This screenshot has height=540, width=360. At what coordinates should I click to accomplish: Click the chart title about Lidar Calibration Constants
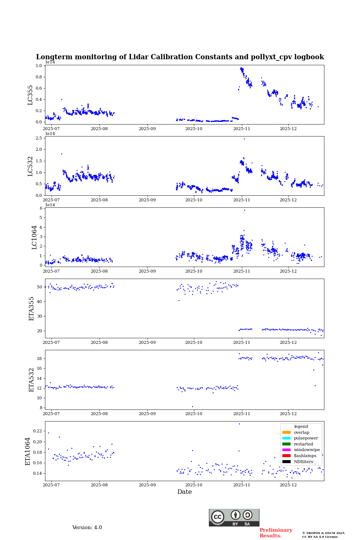[x=180, y=57]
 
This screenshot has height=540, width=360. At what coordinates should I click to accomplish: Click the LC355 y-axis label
[x=30, y=95]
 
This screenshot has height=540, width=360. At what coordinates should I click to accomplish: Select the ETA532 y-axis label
[x=31, y=379]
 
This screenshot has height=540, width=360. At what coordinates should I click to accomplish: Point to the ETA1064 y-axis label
[x=28, y=451]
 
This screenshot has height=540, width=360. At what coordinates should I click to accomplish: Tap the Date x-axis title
[x=184, y=492]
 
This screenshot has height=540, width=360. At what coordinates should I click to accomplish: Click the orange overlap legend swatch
[x=286, y=432]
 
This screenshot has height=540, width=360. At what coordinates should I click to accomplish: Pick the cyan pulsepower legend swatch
[x=286, y=438]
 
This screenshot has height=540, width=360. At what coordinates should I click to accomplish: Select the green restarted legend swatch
[x=286, y=444]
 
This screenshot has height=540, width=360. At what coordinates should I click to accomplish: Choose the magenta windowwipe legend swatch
[x=286, y=450]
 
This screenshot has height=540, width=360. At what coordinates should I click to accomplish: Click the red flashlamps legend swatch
[x=286, y=456]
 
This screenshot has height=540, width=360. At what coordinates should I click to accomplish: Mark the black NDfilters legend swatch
[x=286, y=462]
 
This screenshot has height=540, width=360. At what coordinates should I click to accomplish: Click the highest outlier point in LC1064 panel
[x=244, y=210]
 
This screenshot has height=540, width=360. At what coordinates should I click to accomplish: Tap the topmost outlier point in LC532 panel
[x=244, y=139]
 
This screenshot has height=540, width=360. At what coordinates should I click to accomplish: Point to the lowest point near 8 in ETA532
[x=192, y=406]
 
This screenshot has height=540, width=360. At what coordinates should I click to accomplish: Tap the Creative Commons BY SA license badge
[x=234, y=517]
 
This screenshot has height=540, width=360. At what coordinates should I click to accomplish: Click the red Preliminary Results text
[x=276, y=533]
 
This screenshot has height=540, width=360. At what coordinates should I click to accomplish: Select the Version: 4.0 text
[x=87, y=528]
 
